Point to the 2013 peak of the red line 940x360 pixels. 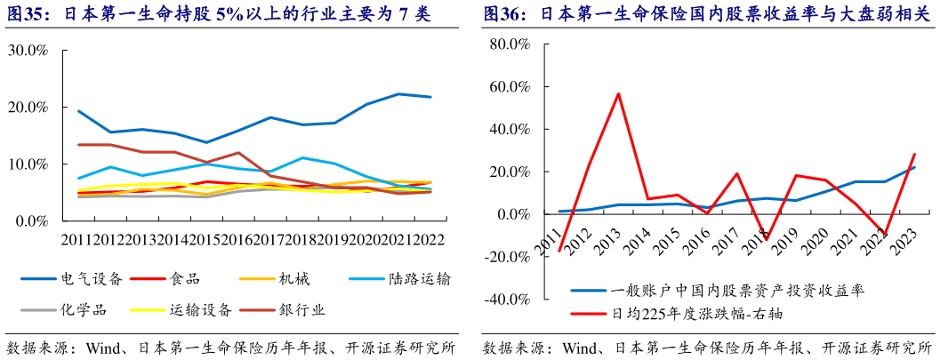point(618,93)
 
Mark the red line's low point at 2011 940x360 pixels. point(559,252)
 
